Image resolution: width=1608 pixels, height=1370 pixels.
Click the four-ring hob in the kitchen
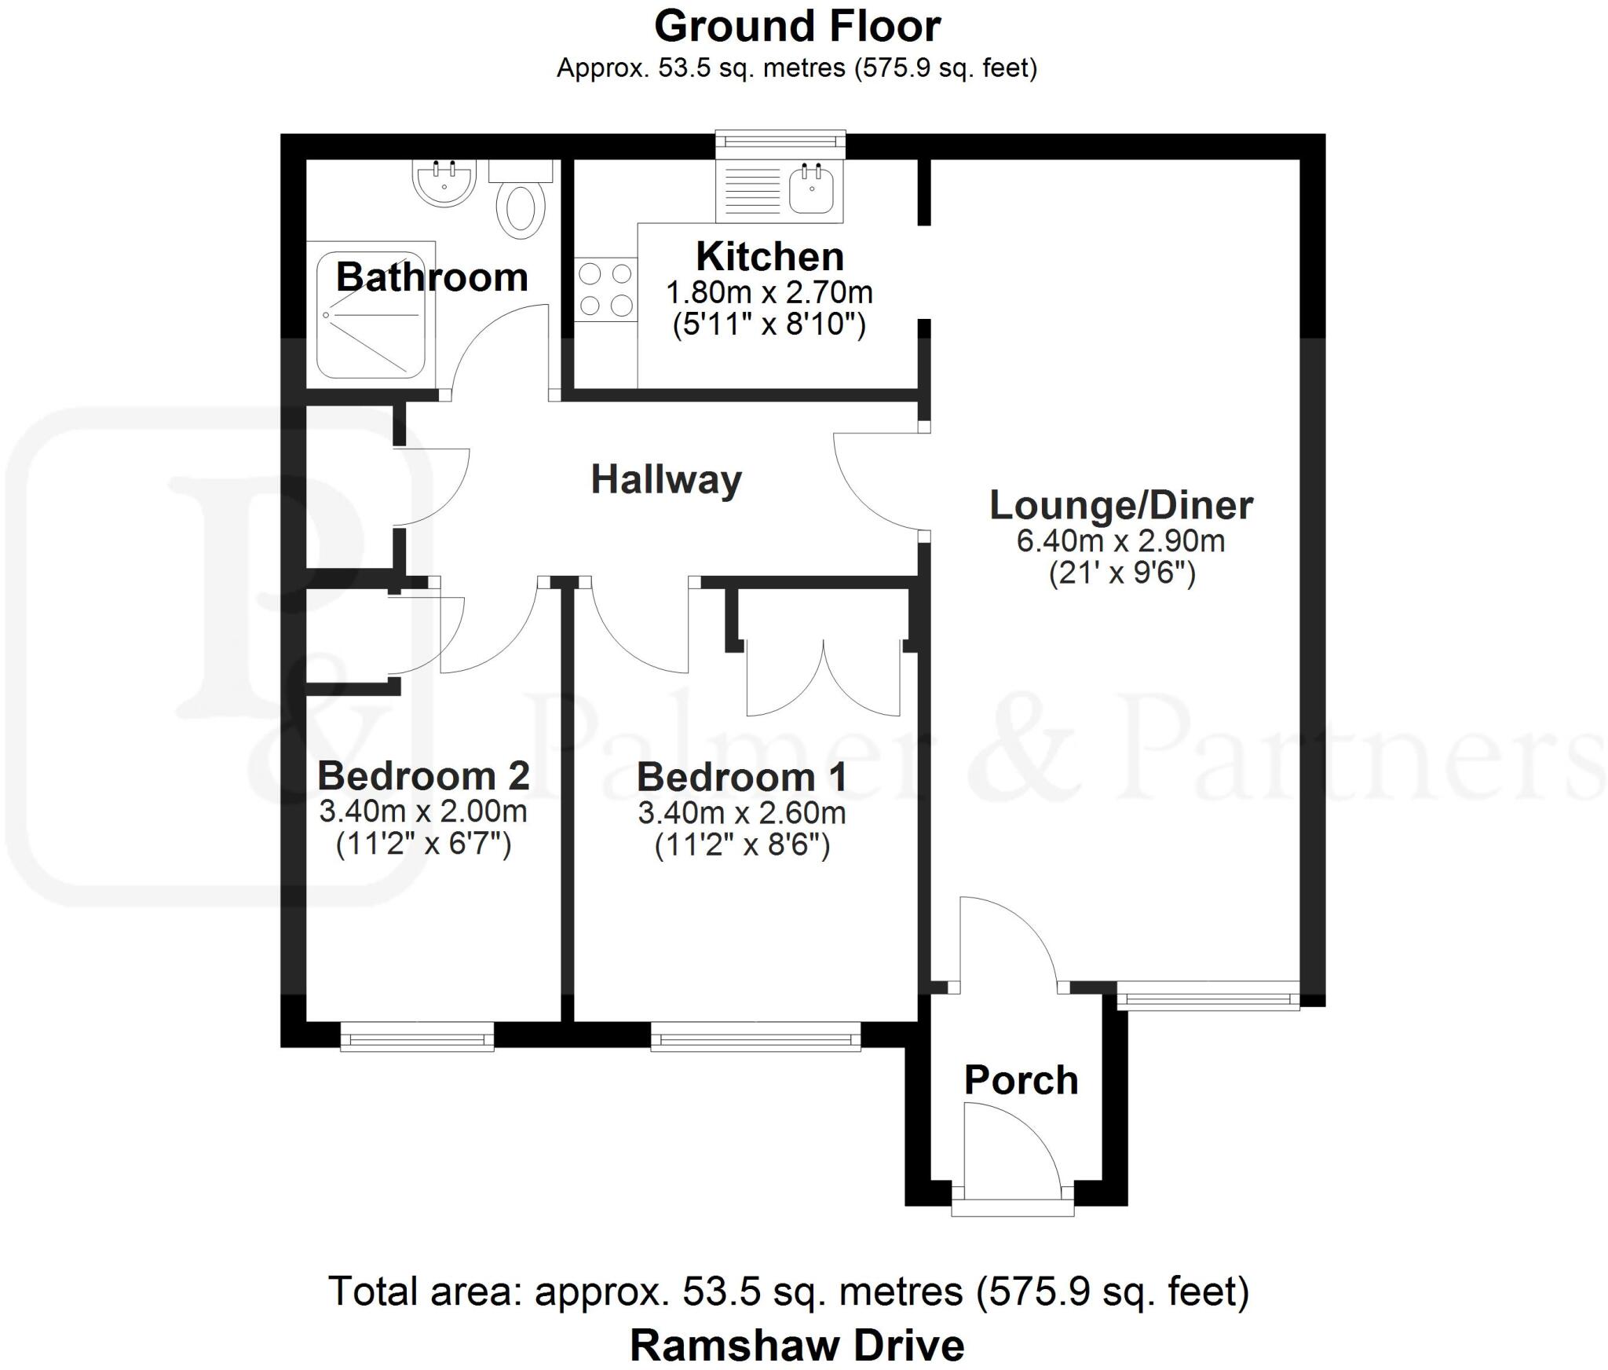[x=605, y=289]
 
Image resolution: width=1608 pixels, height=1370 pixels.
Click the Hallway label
[x=666, y=479]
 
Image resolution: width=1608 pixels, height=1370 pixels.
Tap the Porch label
[x=1021, y=1080]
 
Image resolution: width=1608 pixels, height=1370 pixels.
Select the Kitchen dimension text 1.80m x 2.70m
[x=769, y=293]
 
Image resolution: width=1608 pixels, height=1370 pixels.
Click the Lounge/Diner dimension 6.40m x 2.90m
[x=1120, y=541]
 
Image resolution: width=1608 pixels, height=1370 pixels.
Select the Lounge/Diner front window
[x=1208, y=999]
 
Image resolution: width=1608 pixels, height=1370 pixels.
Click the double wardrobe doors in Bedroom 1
[x=823, y=680]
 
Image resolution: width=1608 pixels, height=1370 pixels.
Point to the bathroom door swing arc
[x=491, y=342]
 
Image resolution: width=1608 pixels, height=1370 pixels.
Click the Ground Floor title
[x=797, y=27]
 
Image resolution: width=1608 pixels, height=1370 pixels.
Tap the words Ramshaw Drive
[x=797, y=1345]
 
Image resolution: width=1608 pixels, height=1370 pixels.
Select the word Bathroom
[x=432, y=277]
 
